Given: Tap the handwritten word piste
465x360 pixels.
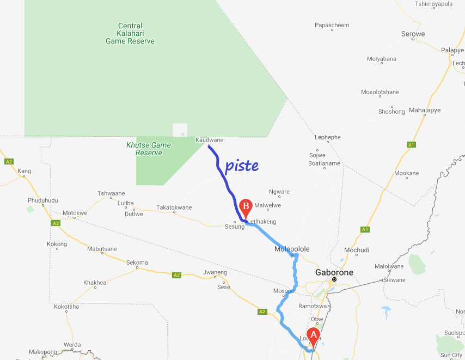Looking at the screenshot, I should point(242,166).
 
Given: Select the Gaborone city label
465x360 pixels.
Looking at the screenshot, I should point(334,272).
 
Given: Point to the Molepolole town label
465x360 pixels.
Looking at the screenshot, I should point(292,249).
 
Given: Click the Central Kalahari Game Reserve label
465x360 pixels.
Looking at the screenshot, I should point(130,33).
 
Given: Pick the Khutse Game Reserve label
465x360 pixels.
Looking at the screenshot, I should point(149,149).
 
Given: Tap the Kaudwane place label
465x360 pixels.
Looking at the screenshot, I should point(209,140).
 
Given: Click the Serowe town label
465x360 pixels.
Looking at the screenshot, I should point(413,34).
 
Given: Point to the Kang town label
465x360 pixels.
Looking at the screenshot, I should point(25,172).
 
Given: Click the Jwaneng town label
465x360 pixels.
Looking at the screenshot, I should point(214,272).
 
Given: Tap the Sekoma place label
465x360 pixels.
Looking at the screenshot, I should point(137,263).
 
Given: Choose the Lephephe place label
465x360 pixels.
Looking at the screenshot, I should point(327,137).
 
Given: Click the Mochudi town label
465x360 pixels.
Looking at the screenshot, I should point(357,251).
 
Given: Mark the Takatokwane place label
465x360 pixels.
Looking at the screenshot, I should point(174,208).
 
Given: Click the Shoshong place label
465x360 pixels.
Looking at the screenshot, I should point(391,112).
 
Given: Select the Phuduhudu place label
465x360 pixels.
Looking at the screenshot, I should point(42,200).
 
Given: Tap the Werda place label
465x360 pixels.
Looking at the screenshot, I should point(72,345).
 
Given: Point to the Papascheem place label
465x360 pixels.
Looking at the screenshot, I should point(332,25).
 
